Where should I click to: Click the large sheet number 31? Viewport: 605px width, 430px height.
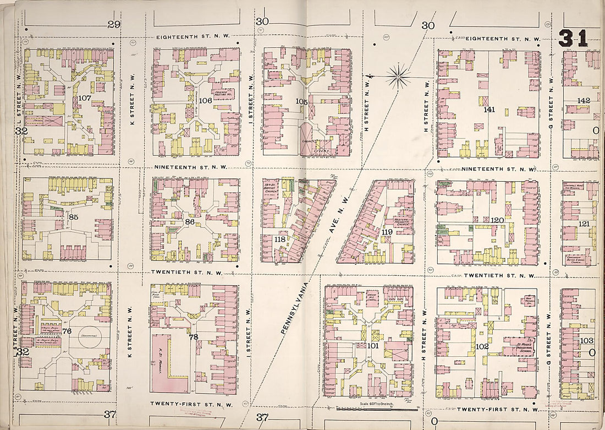click(573, 38)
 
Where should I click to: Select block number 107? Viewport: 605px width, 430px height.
click(84, 98)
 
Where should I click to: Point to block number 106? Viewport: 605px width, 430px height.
click(205, 100)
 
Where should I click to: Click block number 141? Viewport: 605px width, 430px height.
click(489, 110)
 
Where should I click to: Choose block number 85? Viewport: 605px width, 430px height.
click(73, 217)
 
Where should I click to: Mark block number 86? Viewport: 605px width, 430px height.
click(190, 222)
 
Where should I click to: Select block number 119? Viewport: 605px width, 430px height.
click(387, 232)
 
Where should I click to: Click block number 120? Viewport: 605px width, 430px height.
click(497, 220)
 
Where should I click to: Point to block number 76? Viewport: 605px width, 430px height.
click(67, 331)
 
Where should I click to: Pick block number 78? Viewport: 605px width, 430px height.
click(193, 336)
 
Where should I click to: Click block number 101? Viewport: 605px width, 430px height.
click(373, 346)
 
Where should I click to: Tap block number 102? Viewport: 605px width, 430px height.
click(482, 346)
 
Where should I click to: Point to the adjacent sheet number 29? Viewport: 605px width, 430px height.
click(114, 24)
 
